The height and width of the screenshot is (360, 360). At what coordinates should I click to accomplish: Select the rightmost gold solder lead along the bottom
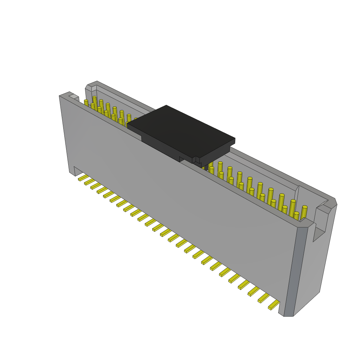pyautogui.click(x=274, y=305)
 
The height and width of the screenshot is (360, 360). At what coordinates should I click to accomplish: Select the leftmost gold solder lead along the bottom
pyautogui.click(x=83, y=178)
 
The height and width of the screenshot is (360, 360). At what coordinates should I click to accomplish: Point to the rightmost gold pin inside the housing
pyautogui.click(x=304, y=212)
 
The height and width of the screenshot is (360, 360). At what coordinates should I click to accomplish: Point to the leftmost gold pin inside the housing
pyautogui.click(x=86, y=103)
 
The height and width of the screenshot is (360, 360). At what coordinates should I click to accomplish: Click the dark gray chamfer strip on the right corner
pyautogui.click(x=295, y=271)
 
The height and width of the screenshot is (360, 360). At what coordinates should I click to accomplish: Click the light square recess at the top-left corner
pyautogui.click(x=73, y=96)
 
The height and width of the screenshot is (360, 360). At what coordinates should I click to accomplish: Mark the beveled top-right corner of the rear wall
pyautogui.click(x=332, y=202)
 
